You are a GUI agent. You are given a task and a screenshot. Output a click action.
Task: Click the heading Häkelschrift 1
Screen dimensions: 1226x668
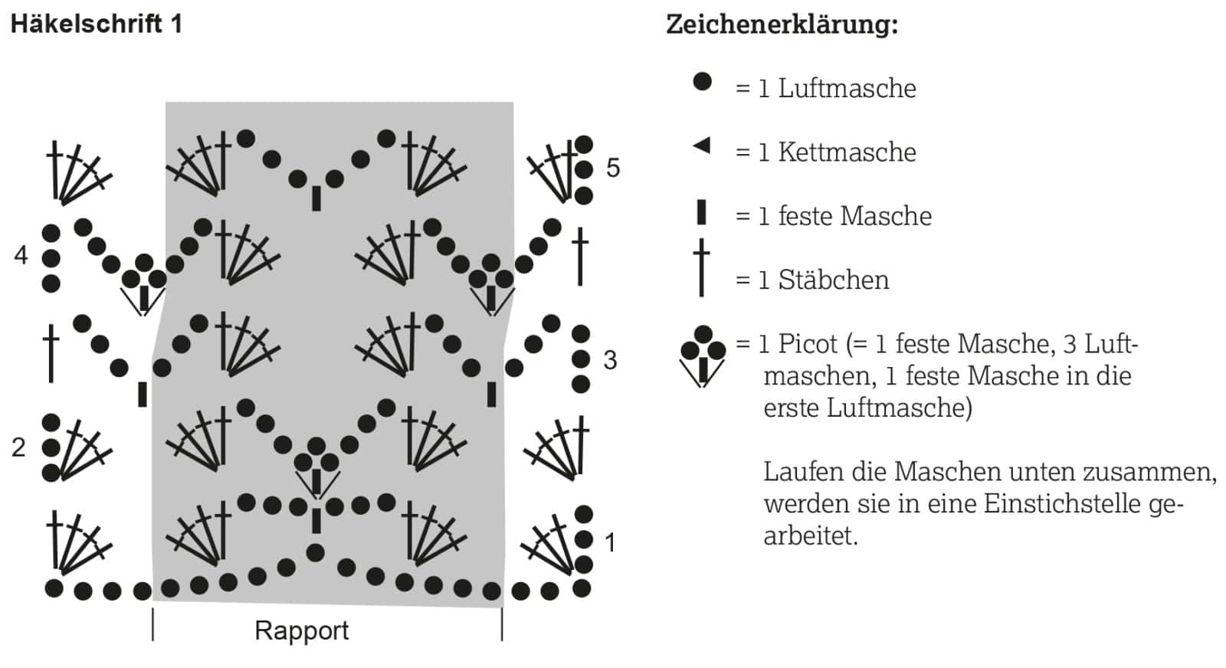click(97, 25)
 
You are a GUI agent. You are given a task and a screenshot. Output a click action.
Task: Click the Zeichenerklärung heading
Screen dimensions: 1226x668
click(782, 25)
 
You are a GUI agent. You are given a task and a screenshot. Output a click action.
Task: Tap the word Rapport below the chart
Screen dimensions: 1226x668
click(302, 630)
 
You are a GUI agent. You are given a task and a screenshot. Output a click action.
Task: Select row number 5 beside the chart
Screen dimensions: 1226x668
click(613, 168)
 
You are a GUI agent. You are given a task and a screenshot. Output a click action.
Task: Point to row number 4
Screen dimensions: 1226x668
click(21, 255)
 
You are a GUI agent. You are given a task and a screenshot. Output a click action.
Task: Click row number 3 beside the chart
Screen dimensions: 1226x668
click(610, 360)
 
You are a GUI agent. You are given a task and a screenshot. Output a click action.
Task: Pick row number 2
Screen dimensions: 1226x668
click(18, 447)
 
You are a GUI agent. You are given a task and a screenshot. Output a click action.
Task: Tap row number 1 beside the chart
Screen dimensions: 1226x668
click(610, 543)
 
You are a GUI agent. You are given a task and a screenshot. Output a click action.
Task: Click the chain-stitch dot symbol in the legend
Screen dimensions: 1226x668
click(702, 81)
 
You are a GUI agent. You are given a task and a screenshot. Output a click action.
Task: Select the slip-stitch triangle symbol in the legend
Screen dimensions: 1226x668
click(702, 146)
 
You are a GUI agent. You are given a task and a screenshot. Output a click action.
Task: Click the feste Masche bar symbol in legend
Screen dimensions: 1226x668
click(701, 213)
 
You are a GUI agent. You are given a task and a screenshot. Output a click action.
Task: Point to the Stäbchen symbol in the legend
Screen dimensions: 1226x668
click(701, 267)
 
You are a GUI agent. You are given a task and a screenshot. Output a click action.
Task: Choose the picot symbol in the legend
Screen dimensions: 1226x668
click(703, 356)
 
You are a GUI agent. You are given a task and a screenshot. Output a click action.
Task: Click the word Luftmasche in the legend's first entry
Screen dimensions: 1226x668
click(847, 89)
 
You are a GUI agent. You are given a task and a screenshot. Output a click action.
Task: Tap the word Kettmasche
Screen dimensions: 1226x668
click(847, 152)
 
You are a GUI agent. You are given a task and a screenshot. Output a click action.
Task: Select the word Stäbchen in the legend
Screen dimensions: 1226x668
click(834, 280)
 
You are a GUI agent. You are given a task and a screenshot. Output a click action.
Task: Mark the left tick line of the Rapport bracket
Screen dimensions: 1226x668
click(152, 625)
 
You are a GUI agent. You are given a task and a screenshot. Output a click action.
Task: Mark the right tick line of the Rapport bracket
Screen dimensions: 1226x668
click(502, 625)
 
